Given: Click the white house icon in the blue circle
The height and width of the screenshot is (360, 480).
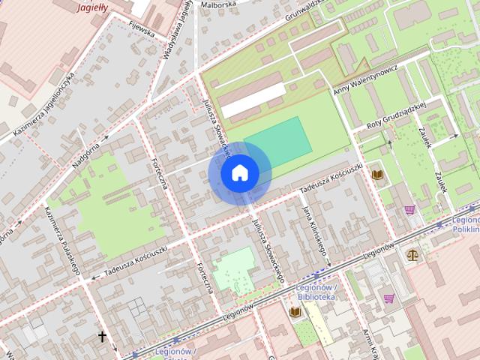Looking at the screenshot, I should (x=239, y=173).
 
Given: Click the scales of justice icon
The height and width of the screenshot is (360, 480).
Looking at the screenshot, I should (x=412, y=255).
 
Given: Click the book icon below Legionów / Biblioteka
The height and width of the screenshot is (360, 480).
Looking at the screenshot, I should (x=294, y=311).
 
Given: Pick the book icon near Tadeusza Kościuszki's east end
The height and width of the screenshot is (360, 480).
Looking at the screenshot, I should (x=376, y=175).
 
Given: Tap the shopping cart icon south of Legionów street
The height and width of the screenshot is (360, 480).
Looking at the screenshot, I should (x=388, y=298).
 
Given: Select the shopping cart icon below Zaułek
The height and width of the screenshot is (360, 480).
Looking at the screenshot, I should (x=409, y=210).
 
